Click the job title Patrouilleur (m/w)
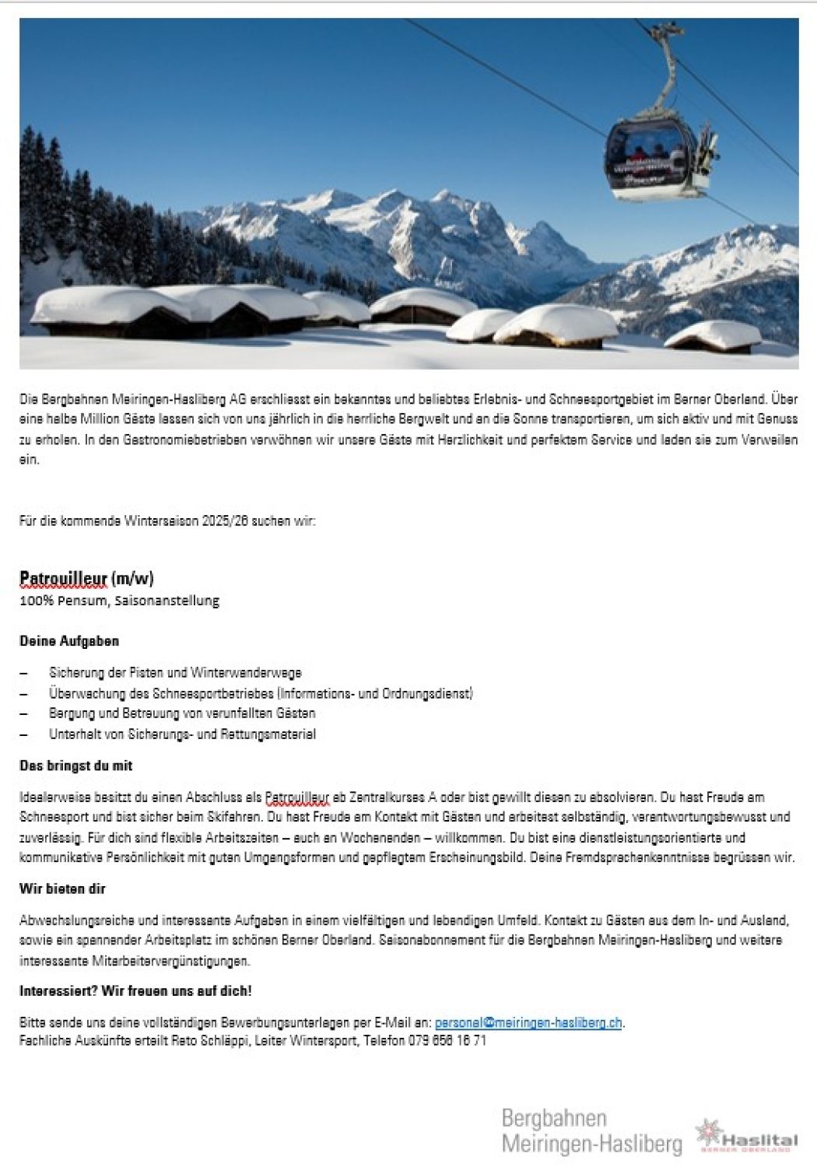click(86, 578)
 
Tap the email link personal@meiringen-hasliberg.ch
click(528, 1022)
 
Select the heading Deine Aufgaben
click(69, 641)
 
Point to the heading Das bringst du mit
click(75, 766)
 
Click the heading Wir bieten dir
click(62, 888)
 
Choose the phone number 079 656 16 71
click(447, 1040)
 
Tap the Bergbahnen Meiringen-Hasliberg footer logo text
click(591, 1131)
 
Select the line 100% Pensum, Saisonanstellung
click(119, 601)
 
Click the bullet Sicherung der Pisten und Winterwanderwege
click(175, 672)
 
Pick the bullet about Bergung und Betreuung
click(182, 713)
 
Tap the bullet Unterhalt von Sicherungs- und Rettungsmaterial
click(182, 734)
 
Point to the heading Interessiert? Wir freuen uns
click(135, 990)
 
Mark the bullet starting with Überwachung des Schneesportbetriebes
click(261, 692)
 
